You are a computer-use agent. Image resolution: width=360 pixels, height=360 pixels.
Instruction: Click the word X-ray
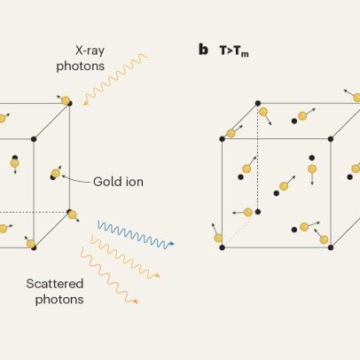[90, 51]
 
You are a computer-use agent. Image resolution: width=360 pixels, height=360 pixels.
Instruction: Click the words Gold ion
[118, 182]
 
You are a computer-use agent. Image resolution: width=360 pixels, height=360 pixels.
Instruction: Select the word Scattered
[55, 284]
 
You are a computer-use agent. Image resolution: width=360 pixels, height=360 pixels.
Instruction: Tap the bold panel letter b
[203, 50]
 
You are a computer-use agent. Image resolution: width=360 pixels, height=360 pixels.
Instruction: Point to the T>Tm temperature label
[234, 51]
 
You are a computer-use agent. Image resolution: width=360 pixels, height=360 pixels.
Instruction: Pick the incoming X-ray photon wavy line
[115, 78]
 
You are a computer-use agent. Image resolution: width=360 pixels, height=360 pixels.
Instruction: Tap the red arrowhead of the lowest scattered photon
[136, 301]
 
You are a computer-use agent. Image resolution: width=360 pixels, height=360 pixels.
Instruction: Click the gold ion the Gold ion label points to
[56, 173]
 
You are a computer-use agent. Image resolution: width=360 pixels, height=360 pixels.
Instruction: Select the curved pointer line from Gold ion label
[75, 179]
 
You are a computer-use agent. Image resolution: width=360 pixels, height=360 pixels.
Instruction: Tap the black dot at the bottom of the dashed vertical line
[258, 212]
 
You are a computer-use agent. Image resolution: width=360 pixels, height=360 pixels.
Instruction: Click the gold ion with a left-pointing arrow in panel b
[248, 212]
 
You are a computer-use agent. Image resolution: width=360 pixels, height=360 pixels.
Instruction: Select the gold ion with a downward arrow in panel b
[312, 169]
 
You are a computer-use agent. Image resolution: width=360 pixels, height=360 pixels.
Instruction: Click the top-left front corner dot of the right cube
[223, 139]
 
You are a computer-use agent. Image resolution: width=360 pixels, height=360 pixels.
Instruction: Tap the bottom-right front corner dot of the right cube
[331, 247]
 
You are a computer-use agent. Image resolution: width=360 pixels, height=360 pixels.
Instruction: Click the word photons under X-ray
[81, 67]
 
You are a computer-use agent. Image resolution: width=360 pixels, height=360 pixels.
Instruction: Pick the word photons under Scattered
[59, 300]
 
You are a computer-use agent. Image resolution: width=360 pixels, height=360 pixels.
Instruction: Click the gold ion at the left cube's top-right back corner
[66, 100]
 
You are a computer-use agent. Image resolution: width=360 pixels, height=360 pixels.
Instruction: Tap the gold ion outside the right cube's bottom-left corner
[218, 238]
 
